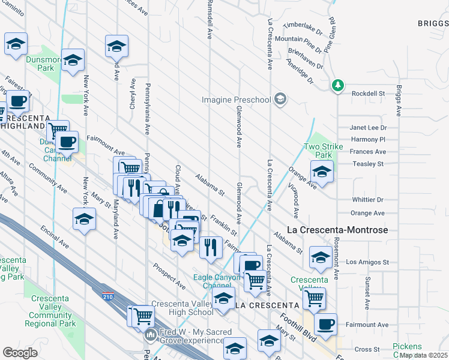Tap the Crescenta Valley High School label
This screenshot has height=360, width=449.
tap(182, 308)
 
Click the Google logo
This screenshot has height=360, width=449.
tap(20, 353)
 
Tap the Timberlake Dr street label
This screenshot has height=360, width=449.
tap(303, 26)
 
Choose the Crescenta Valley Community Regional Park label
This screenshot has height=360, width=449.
tap(50, 315)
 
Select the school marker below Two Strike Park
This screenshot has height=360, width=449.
tap(322, 172)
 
